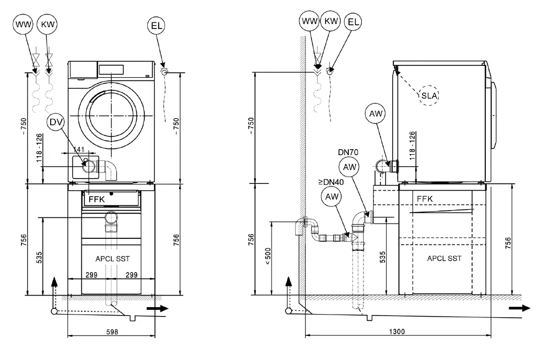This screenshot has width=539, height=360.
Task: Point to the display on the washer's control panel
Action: tap(110, 69)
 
